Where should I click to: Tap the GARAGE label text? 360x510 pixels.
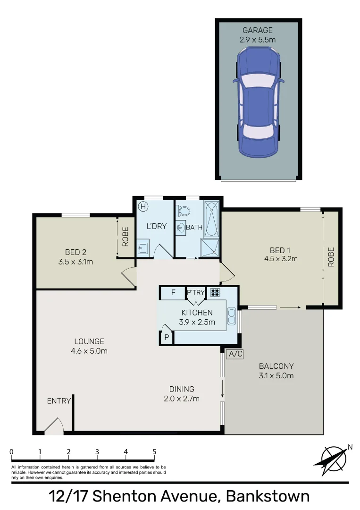(x=258, y=30)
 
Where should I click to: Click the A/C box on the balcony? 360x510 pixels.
(x=234, y=354)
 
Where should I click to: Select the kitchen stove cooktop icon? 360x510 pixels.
(x=215, y=292)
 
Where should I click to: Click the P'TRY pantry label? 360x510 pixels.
(x=196, y=292)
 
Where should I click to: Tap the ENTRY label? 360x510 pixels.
(x=59, y=401)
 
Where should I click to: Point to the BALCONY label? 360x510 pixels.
(x=276, y=366)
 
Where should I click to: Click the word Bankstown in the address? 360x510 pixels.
(x=268, y=496)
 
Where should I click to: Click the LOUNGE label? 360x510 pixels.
(x=89, y=341)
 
